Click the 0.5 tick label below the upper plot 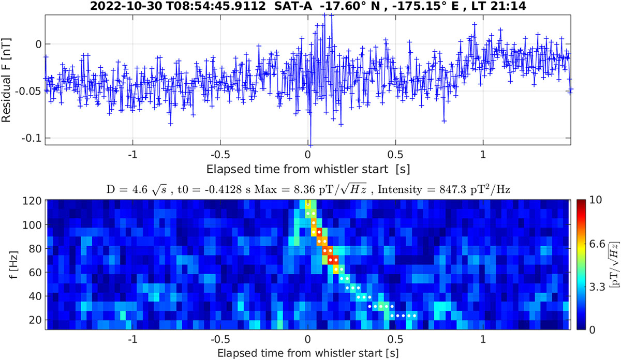pos(396,155)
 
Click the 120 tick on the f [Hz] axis pos(34,201)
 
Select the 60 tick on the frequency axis pos(36,272)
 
